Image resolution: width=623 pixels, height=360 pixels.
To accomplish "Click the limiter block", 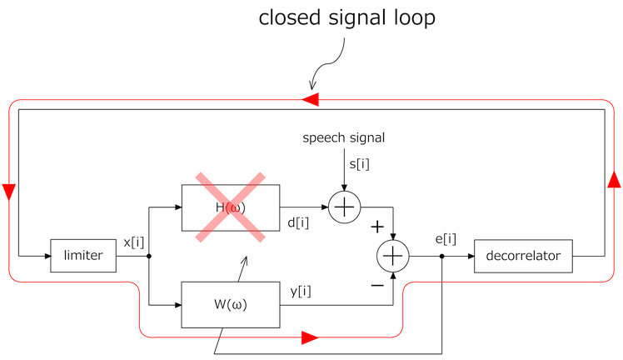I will point(83,256).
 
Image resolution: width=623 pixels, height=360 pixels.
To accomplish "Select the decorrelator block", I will point(523,256).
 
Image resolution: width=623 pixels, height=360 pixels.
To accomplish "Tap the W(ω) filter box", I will point(230,305).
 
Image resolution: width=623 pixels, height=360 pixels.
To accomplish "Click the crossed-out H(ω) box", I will point(230,207).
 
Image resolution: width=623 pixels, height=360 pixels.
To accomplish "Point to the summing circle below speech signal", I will point(342,207).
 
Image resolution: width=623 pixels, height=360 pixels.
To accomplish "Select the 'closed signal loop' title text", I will point(346,18).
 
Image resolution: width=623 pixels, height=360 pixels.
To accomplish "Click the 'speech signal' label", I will point(343,137).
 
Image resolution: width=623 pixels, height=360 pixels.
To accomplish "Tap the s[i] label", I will point(359,163).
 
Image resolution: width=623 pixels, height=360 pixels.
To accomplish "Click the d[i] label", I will point(299,222).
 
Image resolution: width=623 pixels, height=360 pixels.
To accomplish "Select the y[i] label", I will point(301,291).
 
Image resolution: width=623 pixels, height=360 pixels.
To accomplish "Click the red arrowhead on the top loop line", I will point(310,100).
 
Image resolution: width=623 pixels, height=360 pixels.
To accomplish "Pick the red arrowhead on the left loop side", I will point(9,192).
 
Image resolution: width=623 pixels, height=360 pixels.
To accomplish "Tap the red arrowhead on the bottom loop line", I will point(309,337).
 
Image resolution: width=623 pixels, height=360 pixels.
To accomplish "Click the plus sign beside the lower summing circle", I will point(376,227).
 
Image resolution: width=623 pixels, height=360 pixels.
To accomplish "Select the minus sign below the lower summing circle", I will point(376,285).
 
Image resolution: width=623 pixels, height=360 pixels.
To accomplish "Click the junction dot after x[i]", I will point(148,256).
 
